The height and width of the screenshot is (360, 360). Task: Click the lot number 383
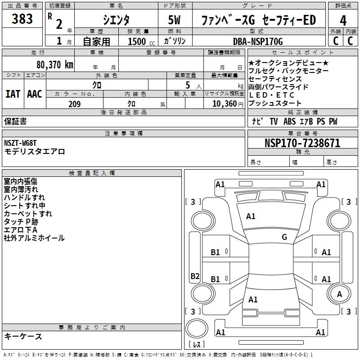tap(22, 19)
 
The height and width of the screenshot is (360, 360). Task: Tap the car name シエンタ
tap(117, 20)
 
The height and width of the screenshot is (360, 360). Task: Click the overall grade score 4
tap(343, 20)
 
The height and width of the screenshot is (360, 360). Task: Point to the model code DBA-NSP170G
tap(258, 41)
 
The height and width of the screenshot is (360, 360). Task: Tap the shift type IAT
tap(13, 94)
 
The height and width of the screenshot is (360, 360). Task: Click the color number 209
tap(74, 104)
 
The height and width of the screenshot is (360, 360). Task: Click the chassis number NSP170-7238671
tap(302, 143)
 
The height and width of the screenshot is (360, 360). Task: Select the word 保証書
tap(15, 121)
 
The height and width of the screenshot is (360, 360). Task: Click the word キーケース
tap(23, 337)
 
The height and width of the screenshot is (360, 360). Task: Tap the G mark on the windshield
tap(284, 237)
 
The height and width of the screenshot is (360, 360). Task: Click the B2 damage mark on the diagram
tap(195, 276)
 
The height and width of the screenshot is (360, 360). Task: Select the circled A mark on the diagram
tap(339, 294)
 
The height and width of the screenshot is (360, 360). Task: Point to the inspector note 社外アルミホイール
tap(34, 238)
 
